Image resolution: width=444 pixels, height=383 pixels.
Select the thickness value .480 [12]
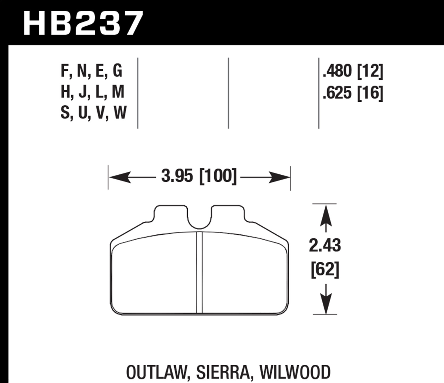click(353, 72)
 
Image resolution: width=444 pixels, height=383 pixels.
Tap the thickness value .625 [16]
click(353, 93)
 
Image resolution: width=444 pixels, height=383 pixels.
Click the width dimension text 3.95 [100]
click(199, 176)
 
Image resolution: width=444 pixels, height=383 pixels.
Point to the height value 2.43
click(325, 245)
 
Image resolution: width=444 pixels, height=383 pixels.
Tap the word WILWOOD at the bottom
click(295, 372)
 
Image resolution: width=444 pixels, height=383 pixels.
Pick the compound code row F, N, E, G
click(91, 72)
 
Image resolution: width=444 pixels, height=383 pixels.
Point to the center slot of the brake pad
click(200, 272)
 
